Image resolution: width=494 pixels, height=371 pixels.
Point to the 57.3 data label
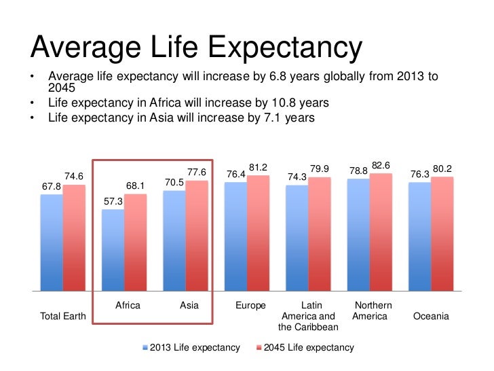[x=113, y=202]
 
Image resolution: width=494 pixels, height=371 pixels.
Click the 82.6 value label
[x=381, y=165]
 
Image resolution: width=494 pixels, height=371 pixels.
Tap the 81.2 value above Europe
[x=258, y=167]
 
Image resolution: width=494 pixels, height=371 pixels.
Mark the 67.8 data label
[x=51, y=186]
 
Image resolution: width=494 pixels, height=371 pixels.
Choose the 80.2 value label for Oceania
[x=442, y=169]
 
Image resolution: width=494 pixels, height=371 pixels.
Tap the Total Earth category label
[x=58, y=317]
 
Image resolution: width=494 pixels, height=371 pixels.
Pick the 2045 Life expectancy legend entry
[x=309, y=348]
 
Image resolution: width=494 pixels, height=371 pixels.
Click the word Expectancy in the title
[x=285, y=49]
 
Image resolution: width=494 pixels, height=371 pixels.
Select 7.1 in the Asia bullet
[x=266, y=118]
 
